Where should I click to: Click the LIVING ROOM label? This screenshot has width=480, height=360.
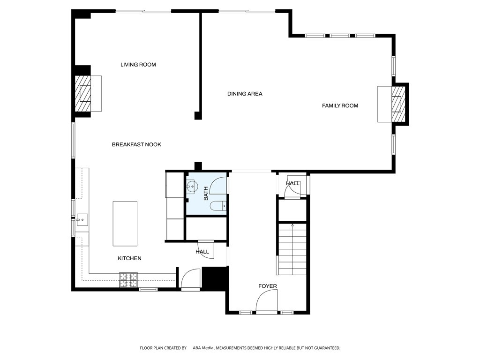138,65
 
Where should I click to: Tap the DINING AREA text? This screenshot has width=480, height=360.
245,94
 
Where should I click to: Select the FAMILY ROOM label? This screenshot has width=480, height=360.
340,106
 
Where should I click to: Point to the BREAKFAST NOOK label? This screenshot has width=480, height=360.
136,144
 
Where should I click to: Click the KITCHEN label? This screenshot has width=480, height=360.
129,258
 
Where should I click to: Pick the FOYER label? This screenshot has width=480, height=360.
268,286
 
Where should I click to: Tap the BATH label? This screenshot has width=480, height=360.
205,194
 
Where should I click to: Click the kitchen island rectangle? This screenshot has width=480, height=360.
125,224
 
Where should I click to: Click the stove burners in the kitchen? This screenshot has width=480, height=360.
128,280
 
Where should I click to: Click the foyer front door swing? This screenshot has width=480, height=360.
268,300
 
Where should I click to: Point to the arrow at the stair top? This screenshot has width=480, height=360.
292,226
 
